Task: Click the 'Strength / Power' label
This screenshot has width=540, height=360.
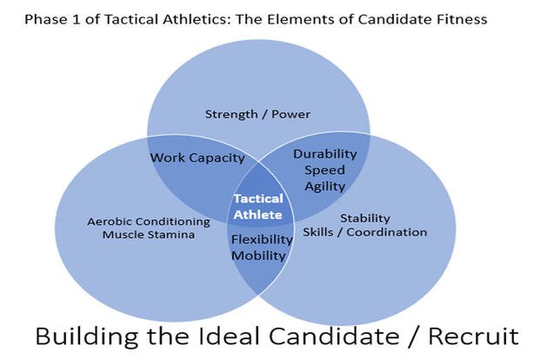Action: (257, 115)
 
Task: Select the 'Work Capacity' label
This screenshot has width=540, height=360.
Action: (197, 157)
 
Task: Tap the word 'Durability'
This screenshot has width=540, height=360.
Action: (324, 154)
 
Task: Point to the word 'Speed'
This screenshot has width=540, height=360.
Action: (324, 170)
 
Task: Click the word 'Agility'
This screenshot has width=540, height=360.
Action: (324, 186)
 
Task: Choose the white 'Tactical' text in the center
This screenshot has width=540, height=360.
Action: (258, 199)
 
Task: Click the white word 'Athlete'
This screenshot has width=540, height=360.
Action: (258, 215)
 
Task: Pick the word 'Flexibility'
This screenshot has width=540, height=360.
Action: (262, 239)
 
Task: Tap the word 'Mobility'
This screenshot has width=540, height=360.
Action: (258, 256)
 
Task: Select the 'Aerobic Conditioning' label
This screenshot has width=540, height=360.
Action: (149, 222)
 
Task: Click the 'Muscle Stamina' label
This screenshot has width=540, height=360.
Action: (149, 235)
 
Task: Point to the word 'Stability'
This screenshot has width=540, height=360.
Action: (365, 218)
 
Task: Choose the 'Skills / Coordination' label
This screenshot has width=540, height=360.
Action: (364, 232)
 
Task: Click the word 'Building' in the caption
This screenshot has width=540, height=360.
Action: (87, 337)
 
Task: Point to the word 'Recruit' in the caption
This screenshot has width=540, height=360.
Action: (474, 337)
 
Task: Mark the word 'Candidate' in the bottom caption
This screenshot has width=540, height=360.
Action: (334, 337)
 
